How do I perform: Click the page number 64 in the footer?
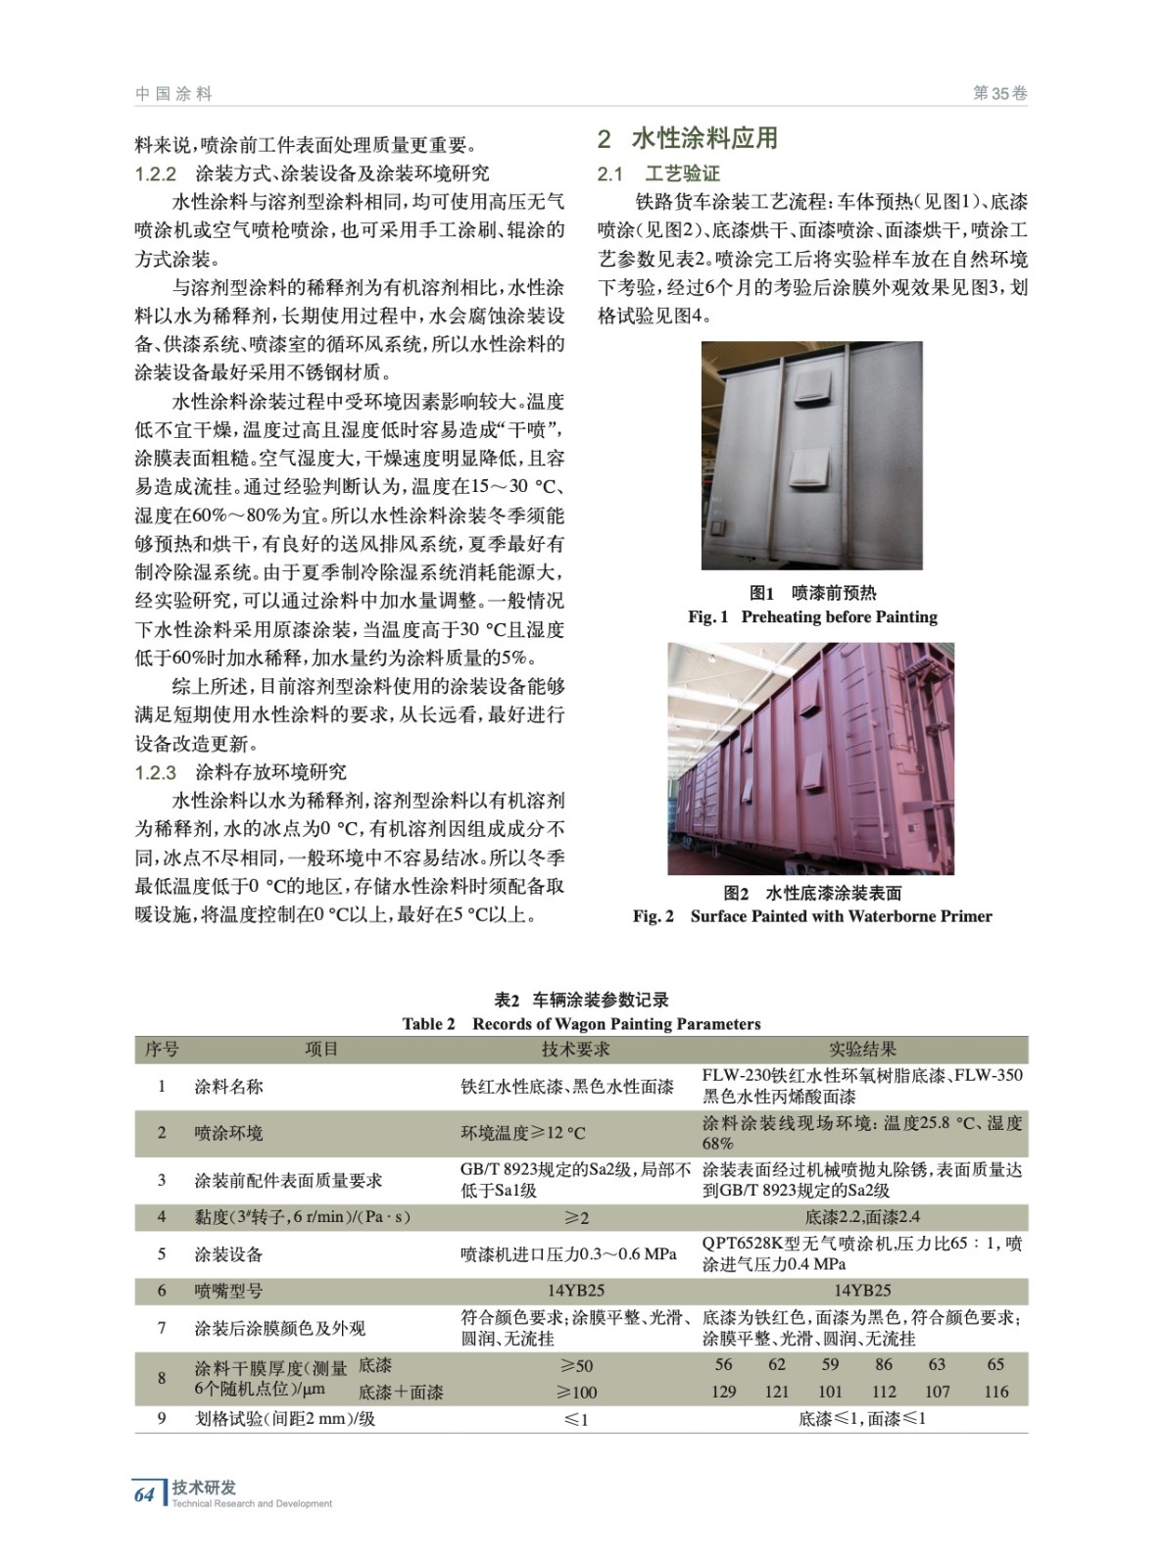[x=144, y=1494]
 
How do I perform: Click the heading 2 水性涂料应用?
[x=687, y=138]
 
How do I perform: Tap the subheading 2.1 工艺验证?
[x=658, y=174]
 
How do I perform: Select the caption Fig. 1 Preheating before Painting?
[x=812, y=616]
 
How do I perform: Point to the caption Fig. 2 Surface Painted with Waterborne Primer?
[x=812, y=916]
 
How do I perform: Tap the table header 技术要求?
[x=575, y=1049]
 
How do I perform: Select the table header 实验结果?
[x=862, y=1049]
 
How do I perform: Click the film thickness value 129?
[x=723, y=1392]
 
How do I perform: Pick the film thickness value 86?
[x=884, y=1364]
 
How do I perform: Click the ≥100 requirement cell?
[x=576, y=1392]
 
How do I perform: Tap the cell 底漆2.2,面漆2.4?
[x=862, y=1217]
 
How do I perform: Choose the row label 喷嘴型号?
[x=228, y=1291]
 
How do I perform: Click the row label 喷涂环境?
[x=228, y=1133]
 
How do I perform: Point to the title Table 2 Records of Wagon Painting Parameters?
[x=581, y=1024]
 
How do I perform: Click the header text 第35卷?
[x=999, y=94]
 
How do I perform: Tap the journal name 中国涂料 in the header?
[x=173, y=94]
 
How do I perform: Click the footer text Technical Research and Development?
[x=252, y=1503]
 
